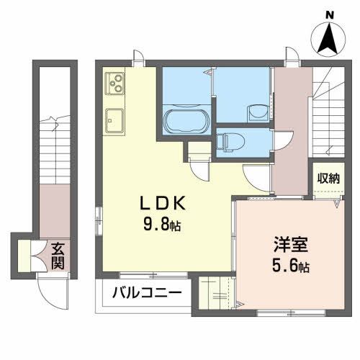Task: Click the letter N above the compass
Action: (329, 14)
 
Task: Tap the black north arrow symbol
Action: (329, 40)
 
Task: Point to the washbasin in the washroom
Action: (254, 112)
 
